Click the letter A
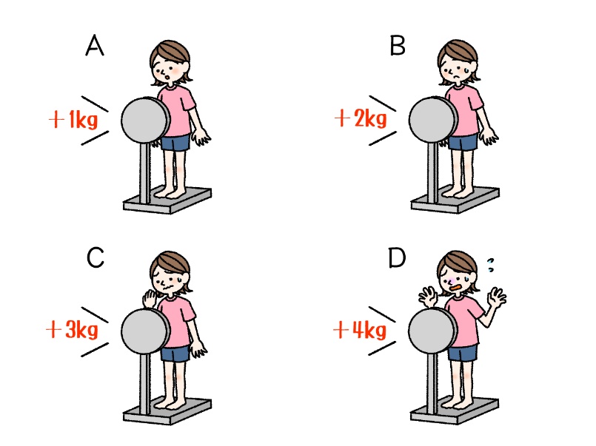[x=95, y=45]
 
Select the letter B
[x=397, y=46]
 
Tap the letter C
[x=95, y=257]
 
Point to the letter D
[x=397, y=257]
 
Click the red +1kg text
[x=73, y=119]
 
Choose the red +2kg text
[x=361, y=118]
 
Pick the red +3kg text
[x=73, y=329]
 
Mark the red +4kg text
[x=360, y=329]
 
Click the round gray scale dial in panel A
[x=145, y=120]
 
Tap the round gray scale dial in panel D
[x=432, y=331]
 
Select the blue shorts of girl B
[x=463, y=142]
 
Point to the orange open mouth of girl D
[x=456, y=288]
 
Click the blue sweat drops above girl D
[x=491, y=265]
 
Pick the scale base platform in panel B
[x=455, y=200]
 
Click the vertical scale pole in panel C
[x=145, y=383]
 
